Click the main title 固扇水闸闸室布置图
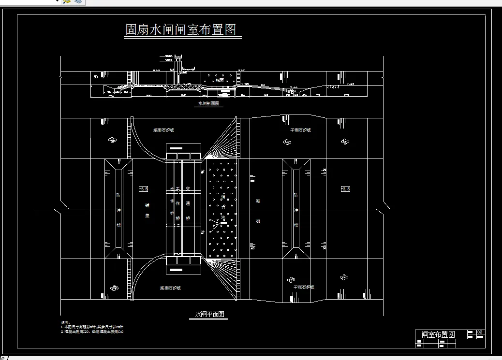point(180,30)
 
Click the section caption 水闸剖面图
point(209,103)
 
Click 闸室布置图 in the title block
point(438,334)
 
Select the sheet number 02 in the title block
point(480,332)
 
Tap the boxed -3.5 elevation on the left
point(143,188)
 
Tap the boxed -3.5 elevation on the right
point(345,188)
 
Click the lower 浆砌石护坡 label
point(170,288)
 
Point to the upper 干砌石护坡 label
point(300,130)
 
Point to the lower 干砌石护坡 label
point(304,287)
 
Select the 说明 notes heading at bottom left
point(65,322)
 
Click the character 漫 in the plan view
point(258,221)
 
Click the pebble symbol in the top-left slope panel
point(113,140)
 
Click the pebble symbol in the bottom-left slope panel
point(114,288)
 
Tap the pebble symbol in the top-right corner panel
point(345,142)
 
